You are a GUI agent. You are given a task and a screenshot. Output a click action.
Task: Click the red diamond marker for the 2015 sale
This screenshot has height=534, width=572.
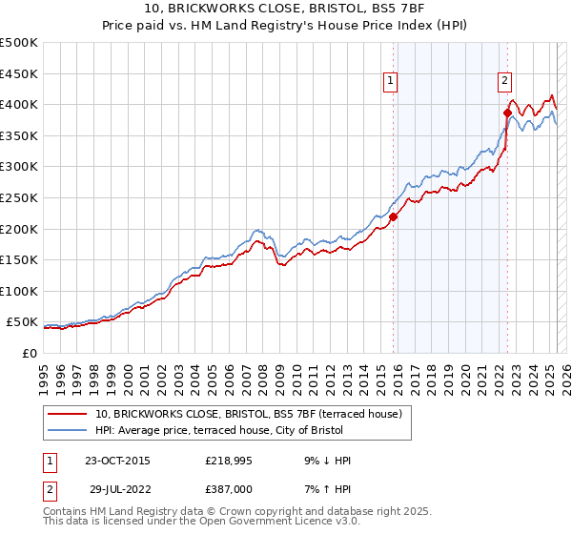tap(393, 216)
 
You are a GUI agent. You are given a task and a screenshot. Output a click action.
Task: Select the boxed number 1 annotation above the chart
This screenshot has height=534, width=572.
tap(391, 82)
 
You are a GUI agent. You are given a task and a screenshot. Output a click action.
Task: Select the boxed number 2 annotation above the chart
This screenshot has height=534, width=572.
tap(504, 82)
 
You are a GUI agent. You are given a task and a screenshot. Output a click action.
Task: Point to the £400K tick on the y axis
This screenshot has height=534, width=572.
tap(19, 104)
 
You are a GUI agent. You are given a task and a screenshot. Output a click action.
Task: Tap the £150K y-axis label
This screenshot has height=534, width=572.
tap(19, 259)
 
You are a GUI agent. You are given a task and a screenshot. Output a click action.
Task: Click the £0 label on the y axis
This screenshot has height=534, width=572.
tap(29, 353)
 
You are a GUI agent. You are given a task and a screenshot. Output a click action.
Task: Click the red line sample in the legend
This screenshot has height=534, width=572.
tap(67, 414)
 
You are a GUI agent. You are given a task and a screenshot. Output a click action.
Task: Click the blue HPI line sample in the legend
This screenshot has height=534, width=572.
tap(67, 430)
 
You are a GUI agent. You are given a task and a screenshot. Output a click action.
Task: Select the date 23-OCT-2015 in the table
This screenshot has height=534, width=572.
tap(117, 461)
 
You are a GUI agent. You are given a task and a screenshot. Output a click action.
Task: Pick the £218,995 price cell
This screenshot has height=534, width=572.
tap(230, 461)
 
